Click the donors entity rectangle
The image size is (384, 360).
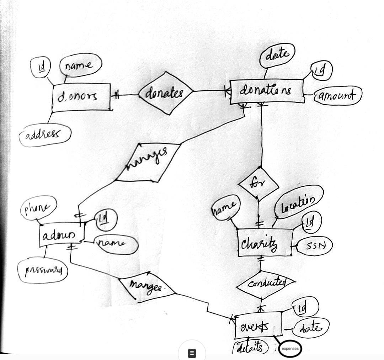click(x=81, y=97)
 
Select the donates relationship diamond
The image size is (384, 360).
click(x=166, y=93)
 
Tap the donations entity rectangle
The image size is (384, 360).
click(x=267, y=91)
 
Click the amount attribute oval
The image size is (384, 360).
click(x=337, y=96)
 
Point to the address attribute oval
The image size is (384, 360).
click(x=45, y=134)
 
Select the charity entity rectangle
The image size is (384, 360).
click(x=265, y=243)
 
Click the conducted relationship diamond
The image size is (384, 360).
click(x=266, y=284)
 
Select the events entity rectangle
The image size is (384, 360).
click(x=258, y=325)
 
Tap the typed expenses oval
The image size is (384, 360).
click(x=290, y=349)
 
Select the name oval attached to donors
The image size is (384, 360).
click(x=81, y=65)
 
